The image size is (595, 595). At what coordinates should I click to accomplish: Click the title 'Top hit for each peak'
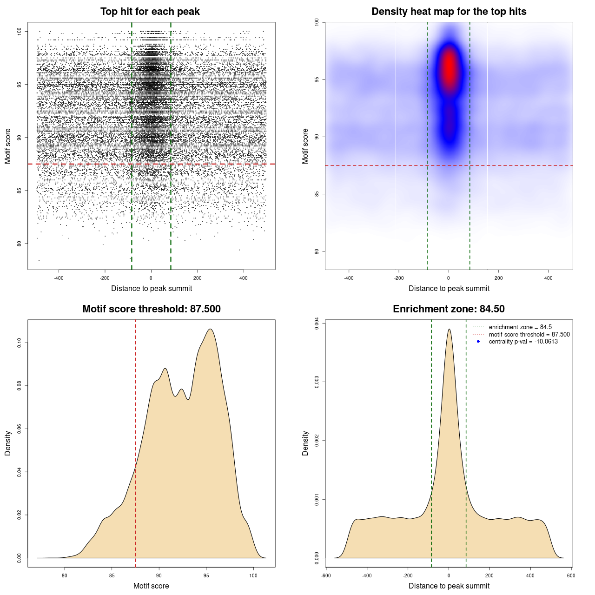click(150, 12)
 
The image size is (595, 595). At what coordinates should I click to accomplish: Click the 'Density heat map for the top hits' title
click(449, 12)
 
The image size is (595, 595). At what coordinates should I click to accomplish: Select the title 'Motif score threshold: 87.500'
click(151, 309)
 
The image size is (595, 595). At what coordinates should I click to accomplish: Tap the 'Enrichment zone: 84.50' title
click(449, 309)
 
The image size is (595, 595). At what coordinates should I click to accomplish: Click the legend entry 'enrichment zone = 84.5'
click(520, 327)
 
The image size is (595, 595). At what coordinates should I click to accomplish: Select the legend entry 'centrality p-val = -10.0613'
click(523, 342)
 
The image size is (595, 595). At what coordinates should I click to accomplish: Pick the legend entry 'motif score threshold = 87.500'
click(529, 335)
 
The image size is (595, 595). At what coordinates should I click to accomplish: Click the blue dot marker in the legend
click(478, 342)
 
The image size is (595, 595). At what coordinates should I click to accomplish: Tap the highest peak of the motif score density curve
click(211, 329)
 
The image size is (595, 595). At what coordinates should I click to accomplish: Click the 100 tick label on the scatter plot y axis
click(20, 31)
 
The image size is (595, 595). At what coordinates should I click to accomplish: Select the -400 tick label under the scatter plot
click(59, 278)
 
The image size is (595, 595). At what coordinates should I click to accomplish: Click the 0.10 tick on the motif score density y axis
click(20, 343)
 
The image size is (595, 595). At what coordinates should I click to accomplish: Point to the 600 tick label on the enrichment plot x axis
click(571, 575)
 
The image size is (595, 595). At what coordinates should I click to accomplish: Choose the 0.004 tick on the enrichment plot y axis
click(317, 323)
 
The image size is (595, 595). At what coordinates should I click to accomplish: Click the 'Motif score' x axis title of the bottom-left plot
click(151, 586)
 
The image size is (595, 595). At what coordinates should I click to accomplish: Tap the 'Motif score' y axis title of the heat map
click(305, 146)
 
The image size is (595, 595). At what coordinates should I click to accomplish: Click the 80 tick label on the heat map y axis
click(317, 251)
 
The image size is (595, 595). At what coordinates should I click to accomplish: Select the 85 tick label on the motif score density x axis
click(112, 575)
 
